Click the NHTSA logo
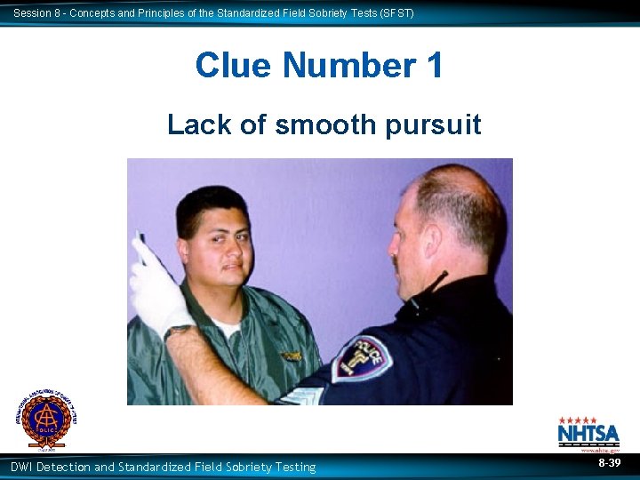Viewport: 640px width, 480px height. pyautogui.click(x=588, y=434)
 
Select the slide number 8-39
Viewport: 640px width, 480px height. pyautogui.click(x=609, y=464)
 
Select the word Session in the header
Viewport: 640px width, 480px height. pyautogui.click(x=33, y=13)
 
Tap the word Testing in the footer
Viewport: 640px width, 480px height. pyautogui.click(x=294, y=467)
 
